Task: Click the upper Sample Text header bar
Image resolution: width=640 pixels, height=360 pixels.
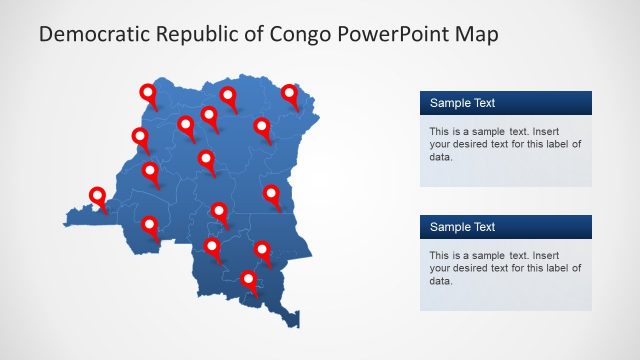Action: (505, 102)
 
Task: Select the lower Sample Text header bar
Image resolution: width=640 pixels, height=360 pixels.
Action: (505, 227)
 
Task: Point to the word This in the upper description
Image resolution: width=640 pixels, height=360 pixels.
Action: (440, 131)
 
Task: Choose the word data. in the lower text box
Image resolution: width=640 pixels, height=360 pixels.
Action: (441, 281)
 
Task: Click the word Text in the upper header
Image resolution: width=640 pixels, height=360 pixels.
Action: (482, 102)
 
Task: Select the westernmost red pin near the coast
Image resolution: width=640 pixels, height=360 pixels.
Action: (98, 197)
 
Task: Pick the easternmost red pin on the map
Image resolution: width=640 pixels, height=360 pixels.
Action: (290, 95)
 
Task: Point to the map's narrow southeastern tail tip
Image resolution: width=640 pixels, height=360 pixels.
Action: (297, 323)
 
